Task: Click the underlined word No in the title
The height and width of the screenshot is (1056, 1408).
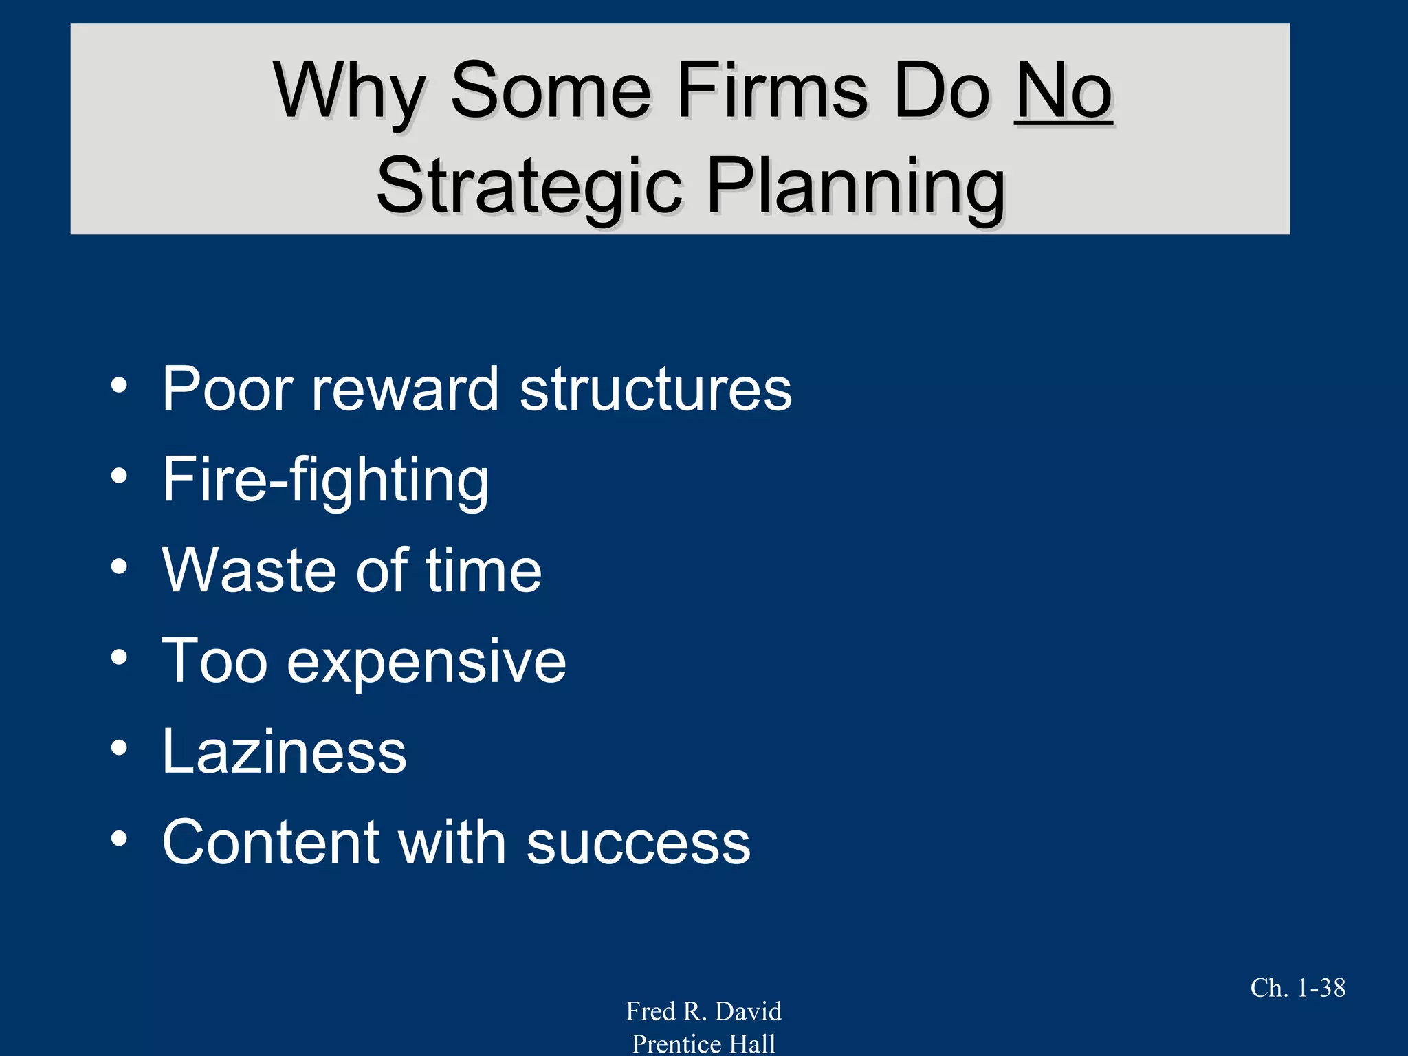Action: (1062, 91)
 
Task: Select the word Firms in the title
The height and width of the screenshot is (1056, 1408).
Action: (773, 91)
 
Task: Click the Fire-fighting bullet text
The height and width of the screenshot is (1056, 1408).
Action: (325, 480)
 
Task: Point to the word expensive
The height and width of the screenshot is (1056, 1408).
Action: (426, 661)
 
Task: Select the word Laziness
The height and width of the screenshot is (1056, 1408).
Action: (284, 751)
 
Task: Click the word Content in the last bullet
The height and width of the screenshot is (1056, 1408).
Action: (271, 842)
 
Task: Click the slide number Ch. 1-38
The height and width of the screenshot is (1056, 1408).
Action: (1297, 988)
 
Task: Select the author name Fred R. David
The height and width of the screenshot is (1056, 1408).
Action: (703, 1011)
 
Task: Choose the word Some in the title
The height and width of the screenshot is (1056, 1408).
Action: (550, 91)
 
